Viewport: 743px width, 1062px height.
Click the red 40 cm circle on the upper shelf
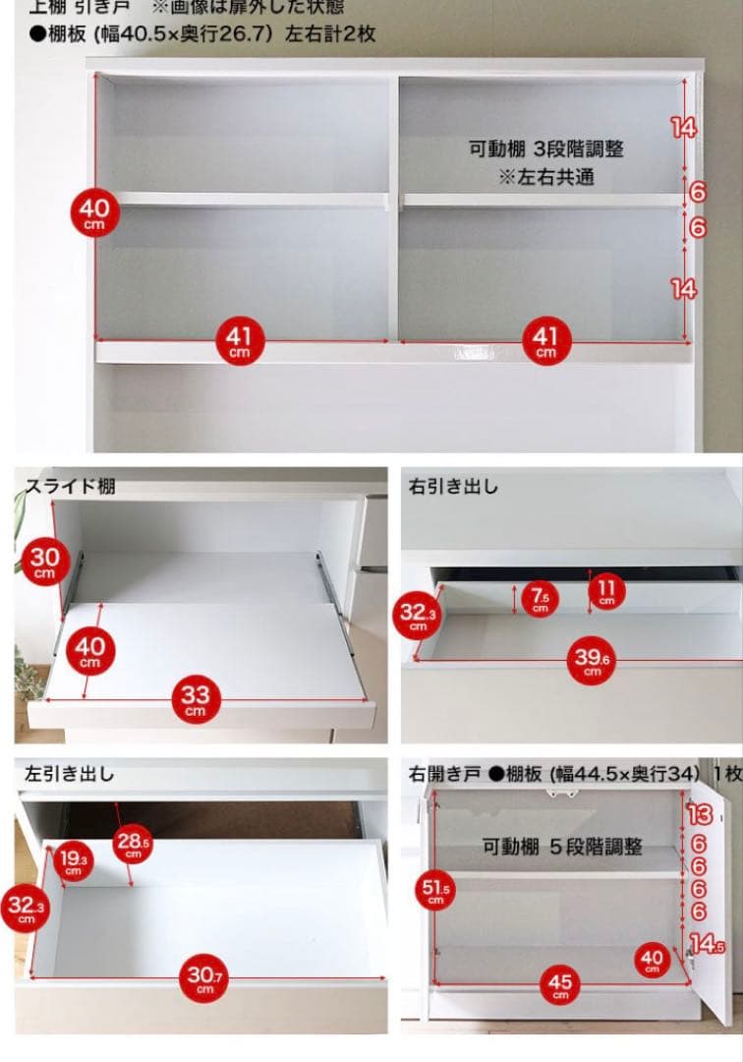(x=95, y=212)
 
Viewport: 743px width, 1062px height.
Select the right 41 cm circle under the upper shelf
(x=545, y=341)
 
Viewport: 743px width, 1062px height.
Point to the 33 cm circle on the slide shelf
(x=196, y=700)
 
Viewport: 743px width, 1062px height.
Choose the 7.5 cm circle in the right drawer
(x=540, y=599)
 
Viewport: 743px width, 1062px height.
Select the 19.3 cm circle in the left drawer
(x=73, y=859)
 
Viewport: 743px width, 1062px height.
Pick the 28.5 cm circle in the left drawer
(x=134, y=844)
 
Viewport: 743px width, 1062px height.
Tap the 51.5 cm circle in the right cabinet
(x=437, y=892)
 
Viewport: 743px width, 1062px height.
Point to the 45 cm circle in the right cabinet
(x=560, y=984)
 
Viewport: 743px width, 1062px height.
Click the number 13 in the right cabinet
(x=700, y=814)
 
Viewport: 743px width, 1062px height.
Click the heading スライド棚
(x=70, y=486)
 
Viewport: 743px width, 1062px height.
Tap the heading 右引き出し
(x=454, y=486)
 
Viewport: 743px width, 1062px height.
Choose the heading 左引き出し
(x=70, y=774)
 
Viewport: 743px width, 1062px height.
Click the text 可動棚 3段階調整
(x=546, y=149)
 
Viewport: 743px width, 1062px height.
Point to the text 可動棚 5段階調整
(x=562, y=846)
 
